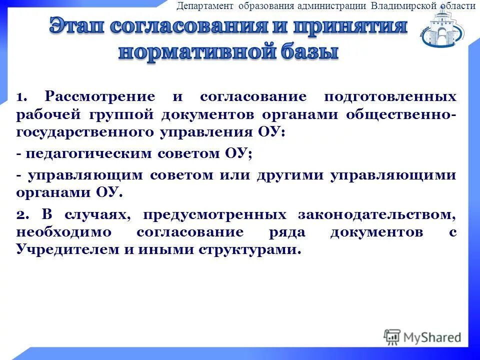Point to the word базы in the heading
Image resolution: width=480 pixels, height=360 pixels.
click(x=310, y=52)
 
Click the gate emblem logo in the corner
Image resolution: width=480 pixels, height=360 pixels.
click(x=443, y=29)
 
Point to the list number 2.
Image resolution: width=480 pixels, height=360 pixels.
click(x=22, y=215)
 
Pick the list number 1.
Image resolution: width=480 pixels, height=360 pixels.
click(x=22, y=96)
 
